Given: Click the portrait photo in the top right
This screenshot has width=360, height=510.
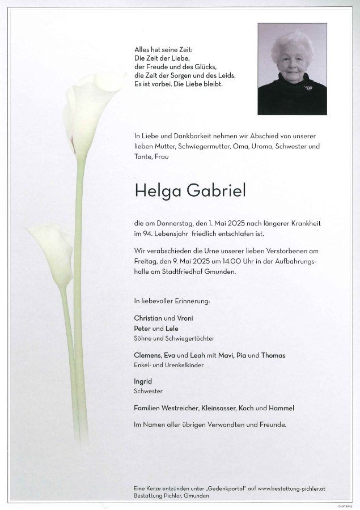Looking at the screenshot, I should pyautogui.click(x=292, y=69).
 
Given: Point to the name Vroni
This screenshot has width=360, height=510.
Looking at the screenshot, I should pyautogui.click(x=185, y=318).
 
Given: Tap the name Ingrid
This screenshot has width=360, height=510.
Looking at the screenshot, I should pyautogui.click(x=143, y=381).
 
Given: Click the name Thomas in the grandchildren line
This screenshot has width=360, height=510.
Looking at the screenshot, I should pyautogui.click(x=273, y=355).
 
